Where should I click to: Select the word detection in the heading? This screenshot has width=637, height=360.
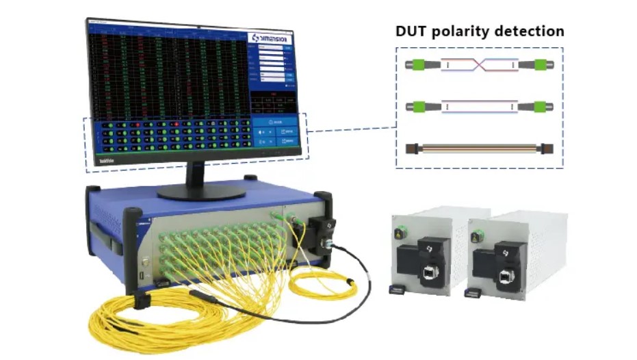pyautogui.click(x=532, y=31)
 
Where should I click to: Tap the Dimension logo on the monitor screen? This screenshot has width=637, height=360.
pyautogui.click(x=271, y=38)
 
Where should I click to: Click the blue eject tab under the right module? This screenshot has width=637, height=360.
pyautogui.click(x=471, y=294)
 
